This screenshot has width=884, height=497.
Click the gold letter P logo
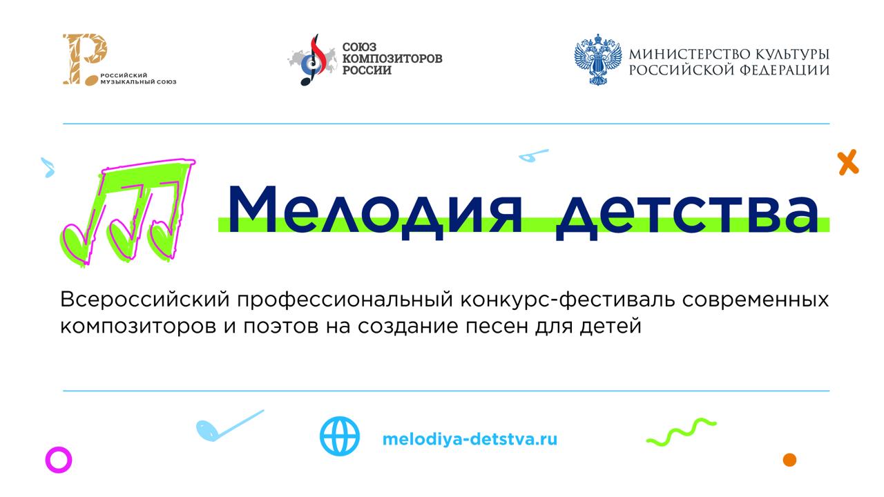[84, 59]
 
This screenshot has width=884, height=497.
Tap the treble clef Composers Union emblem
[312, 59]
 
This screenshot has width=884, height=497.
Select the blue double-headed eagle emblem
[597, 59]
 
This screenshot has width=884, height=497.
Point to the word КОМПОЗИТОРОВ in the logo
[392, 59]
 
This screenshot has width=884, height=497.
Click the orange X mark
[847, 162]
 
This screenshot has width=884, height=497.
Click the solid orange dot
[789, 460]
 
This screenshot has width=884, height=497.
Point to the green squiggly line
[681, 431]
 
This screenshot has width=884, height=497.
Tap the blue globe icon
[339, 436]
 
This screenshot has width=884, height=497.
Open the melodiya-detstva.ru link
[470, 439]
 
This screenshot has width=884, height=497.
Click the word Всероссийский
[145, 300]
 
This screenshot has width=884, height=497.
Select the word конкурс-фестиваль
[567, 300]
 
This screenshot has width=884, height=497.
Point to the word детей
[611, 327]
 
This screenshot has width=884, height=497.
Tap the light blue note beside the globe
[230, 426]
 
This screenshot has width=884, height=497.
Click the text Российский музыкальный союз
[138, 79]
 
